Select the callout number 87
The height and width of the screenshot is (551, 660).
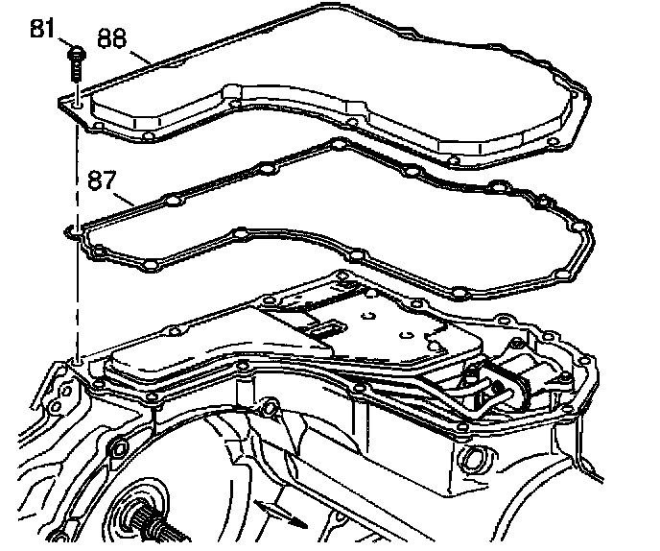(x=102, y=180)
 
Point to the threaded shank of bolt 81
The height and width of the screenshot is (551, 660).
(x=76, y=69)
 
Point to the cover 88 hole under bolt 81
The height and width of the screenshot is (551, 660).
(x=77, y=99)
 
